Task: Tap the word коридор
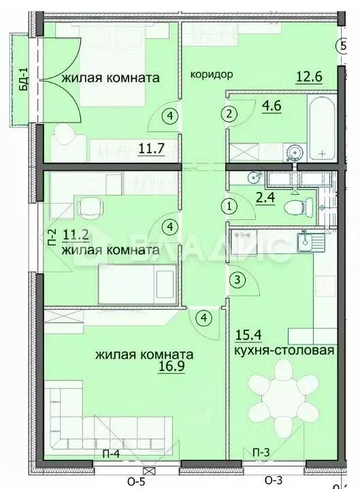click(x=212, y=74)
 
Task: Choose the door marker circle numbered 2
click(x=231, y=113)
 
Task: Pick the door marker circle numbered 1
click(x=230, y=204)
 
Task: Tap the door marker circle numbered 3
click(x=236, y=279)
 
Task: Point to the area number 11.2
click(x=75, y=236)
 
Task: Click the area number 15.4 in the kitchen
click(x=248, y=335)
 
